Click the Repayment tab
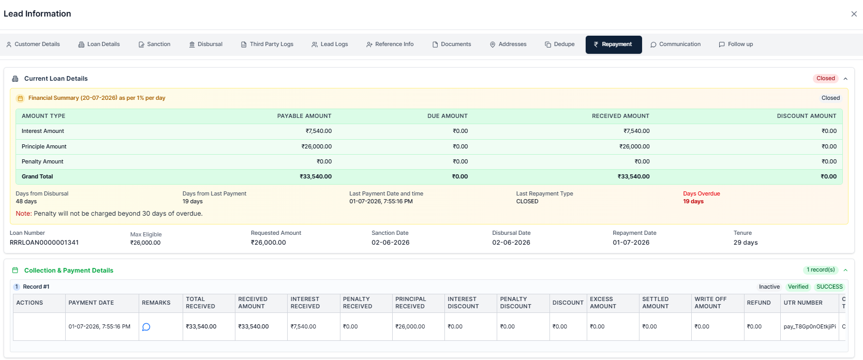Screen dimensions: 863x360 (613, 44)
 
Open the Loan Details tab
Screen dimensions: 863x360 (99, 44)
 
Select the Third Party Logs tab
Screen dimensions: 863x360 (267, 44)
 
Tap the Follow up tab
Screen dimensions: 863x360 (736, 44)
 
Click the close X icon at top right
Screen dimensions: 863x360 (854, 14)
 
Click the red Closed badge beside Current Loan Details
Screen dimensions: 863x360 (826, 78)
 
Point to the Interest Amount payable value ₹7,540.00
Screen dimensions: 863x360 (319, 131)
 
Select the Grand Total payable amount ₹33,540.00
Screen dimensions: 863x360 (316, 176)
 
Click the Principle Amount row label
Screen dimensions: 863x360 (44, 146)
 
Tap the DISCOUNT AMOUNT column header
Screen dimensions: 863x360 (807, 116)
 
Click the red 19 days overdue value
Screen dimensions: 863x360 (693, 201)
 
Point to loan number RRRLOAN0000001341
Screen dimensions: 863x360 (44, 243)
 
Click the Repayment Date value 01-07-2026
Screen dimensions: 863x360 (631, 243)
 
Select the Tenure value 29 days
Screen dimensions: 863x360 (746, 243)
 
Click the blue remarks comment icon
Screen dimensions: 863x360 (146, 327)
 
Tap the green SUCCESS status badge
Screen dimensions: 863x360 (829, 287)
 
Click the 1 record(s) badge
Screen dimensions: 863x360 (821, 270)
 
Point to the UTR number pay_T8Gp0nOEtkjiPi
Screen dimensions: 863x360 (809, 326)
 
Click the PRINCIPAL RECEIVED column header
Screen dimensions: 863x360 (410, 303)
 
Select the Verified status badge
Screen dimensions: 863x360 (798, 287)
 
